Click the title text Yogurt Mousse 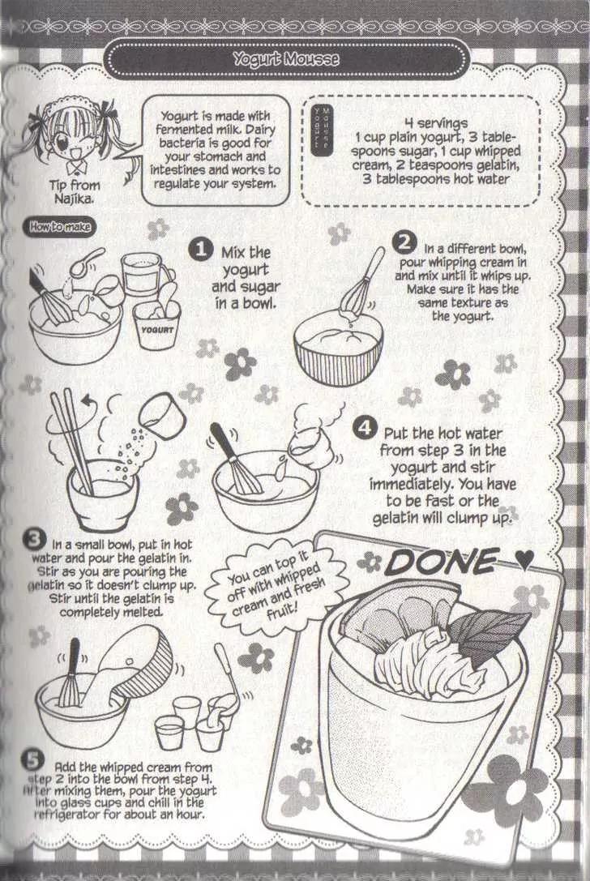286,58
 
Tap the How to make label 59,227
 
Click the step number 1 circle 200,249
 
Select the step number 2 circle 404,242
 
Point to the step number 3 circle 34,541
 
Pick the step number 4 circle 365,428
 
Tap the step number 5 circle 32,760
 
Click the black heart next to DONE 524,559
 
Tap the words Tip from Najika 75,191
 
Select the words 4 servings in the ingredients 435,123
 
